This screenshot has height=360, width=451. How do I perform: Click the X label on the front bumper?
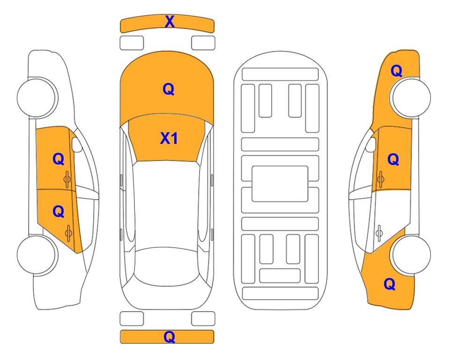pyautogui.click(x=170, y=22)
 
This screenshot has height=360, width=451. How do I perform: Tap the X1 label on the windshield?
pyautogui.click(x=169, y=138)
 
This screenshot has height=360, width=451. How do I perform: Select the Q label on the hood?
pyautogui.click(x=169, y=89)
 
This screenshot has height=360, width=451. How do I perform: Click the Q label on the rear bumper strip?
pyautogui.click(x=170, y=337)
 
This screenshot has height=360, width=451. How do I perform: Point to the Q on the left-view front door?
pyautogui.click(x=59, y=159)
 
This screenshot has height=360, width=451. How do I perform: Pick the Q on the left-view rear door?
pyautogui.click(x=59, y=212)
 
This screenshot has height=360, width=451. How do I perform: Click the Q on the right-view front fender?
pyautogui.click(x=396, y=71)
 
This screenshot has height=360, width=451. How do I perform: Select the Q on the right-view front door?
pyautogui.click(x=393, y=159)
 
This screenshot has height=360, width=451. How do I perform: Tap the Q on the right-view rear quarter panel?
pyautogui.click(x=390, y=284)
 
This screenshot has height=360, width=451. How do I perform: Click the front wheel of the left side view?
pyautogui.click(x=37, y=97)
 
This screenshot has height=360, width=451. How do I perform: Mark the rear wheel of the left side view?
pyautogui.click(x=37, y=255)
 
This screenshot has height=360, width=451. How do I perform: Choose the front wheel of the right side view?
pyautogui.click(x=410, y=97)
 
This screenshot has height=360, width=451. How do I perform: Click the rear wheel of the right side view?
pyautogui.click(x=411, y=255)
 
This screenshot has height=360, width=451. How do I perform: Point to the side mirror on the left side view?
pyautogui.click(x=76, y=144)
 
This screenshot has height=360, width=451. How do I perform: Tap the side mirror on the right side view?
pyautogui.click(x=371, y=144)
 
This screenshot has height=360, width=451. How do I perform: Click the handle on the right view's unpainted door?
pyautogui.click(x=379, y=233)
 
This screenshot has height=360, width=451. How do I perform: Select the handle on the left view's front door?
pyautogui.click(x=67, y=179)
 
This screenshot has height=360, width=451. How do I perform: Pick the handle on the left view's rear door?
pyautogui.click(x=68, y=233)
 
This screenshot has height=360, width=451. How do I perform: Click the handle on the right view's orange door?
pyautogui.click(x=381, y=179)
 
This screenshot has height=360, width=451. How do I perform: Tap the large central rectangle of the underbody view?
pyautogui.click(x=280, y=184)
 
